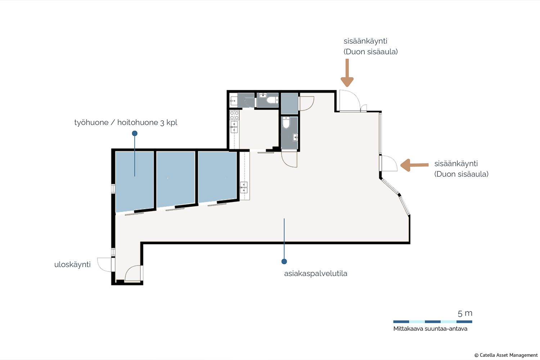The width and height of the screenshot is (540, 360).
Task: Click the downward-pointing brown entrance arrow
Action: tap(347, 73)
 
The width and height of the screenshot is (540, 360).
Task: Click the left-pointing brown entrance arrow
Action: tap(414, 165)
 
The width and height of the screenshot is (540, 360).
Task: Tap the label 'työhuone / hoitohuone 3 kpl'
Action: tap(126, 122)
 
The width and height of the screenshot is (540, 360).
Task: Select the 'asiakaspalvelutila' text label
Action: tap(316, 274)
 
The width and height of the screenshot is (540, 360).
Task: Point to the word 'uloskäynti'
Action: tap(72, 265)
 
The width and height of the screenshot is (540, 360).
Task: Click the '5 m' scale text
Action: tap(465, 313)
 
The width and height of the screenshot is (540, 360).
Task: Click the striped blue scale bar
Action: tap(433, 322)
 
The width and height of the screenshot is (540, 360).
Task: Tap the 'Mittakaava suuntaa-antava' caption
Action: tap(430, 329)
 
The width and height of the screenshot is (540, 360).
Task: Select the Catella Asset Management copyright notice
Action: tap(506, 355)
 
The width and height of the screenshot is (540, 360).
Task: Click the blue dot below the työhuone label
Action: tap(135, 133)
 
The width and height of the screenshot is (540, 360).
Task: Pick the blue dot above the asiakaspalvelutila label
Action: tap(284, 261)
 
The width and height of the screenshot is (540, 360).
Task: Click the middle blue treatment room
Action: tap(176, 179)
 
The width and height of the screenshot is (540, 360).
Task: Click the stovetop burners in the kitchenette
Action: tap(234, 115)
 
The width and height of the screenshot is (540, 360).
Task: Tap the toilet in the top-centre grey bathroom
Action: tap(273, 100)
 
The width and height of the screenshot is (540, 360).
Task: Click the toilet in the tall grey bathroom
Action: tap(286, 123)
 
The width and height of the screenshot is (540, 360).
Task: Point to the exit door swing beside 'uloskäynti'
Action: tap(104, 265)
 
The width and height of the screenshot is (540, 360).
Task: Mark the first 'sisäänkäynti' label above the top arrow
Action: tap(365, 41)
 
